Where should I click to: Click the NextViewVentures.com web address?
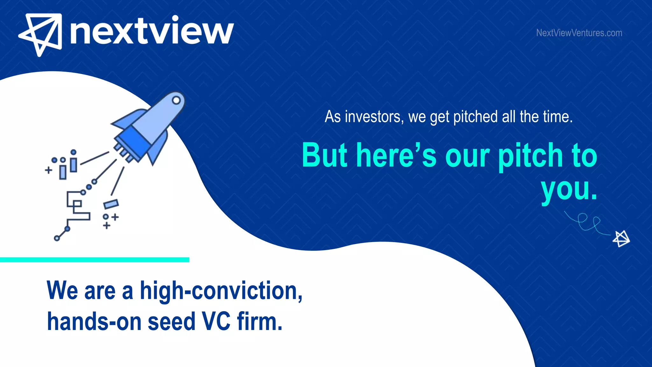[x=579, y=33]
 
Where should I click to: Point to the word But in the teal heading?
[x=325, y=155]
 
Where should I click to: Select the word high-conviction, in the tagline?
[x=221, y=291]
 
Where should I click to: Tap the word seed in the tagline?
[x=172, y=321]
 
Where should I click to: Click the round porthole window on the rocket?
[x=176, y=100]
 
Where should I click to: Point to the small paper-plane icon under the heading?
[x=621, y=239]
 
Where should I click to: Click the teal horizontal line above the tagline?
[x=95, y=260]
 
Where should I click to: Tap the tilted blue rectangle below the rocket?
[x=111, y=204]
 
